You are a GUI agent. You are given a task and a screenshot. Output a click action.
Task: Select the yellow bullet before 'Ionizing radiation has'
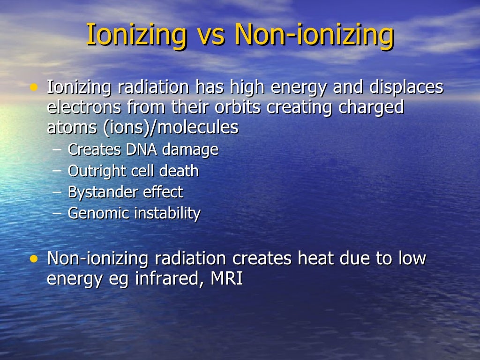pyautogui.click(x=33, y=87)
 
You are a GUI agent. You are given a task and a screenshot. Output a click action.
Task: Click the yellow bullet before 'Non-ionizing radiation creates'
pyautogui.click(x=33, y=259)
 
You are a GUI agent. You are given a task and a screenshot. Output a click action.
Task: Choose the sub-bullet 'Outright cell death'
pyautogui.click(x=133, y=171)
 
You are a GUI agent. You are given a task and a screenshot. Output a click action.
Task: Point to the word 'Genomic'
pyautogui.click(x=98, y=214)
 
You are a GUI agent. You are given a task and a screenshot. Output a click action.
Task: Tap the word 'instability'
pyautogui.click(x=167, y=214)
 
